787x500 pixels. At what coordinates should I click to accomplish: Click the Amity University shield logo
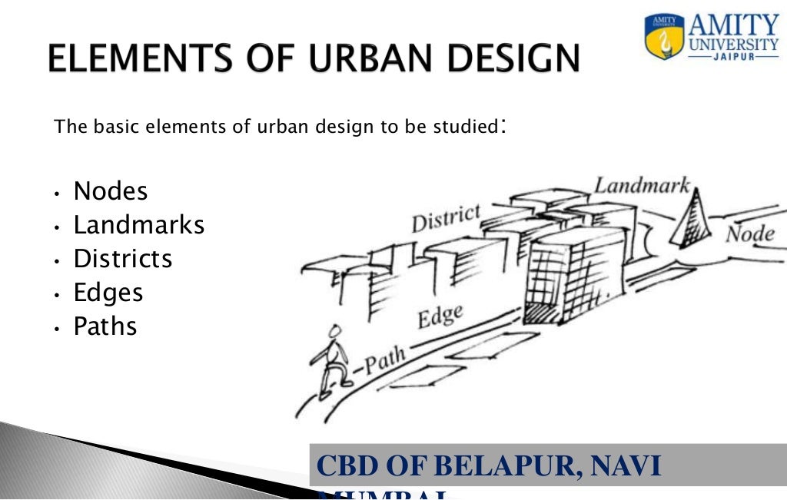click(663, 37)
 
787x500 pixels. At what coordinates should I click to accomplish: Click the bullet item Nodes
click(110, 190)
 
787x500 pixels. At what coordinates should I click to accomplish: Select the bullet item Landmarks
click(138, 225)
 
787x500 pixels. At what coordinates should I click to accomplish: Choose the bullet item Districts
click(122, 259)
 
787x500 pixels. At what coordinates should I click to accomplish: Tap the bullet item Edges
click(108, 293)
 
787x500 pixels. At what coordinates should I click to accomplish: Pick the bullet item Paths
click(105, 326)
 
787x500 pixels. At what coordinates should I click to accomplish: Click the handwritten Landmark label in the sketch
click(642, 184)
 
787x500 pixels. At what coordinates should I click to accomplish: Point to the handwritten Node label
click(750, 233)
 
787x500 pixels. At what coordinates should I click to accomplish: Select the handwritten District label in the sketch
click(445, 218)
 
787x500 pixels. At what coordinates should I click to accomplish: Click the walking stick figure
click(330, 357)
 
